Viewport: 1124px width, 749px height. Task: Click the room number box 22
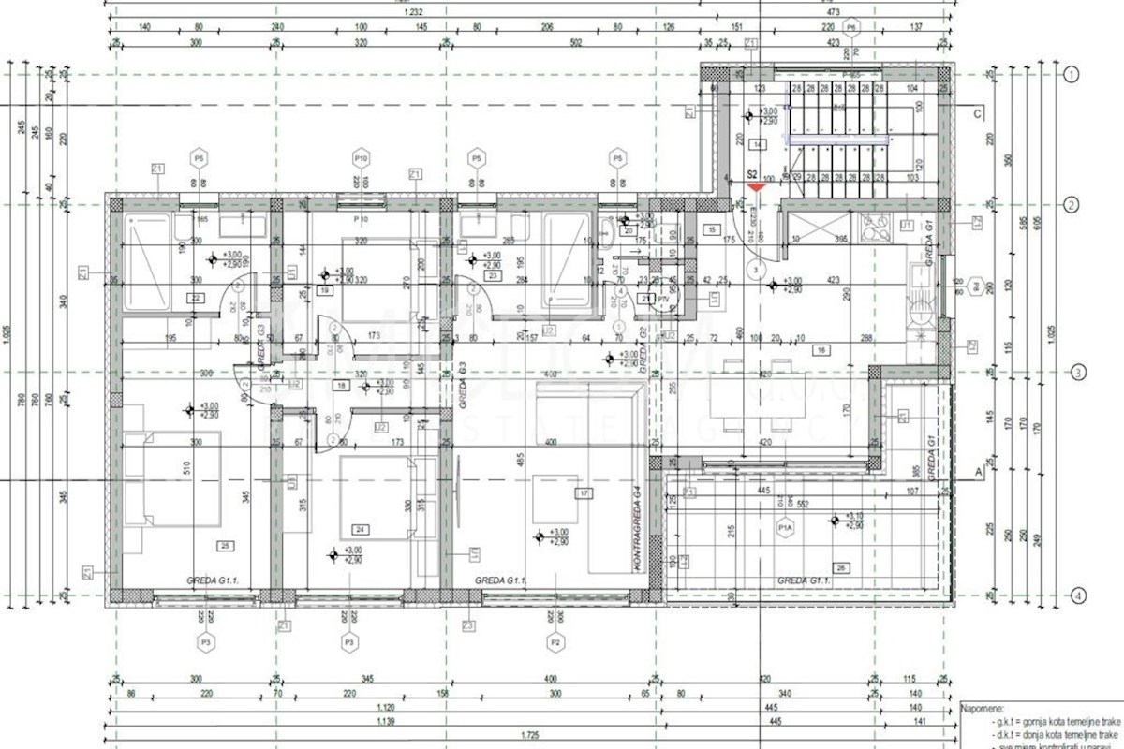[x=196, y=298]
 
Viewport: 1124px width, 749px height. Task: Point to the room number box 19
[x=325, y=291]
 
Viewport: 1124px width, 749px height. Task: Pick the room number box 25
[x=225, y=545]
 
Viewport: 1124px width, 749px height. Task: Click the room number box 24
[x=361, y=529]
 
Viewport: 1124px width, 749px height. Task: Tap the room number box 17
[x=584, y=492]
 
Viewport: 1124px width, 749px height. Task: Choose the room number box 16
[x=821, y=350]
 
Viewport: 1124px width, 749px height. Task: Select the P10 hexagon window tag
[x=361, y=156]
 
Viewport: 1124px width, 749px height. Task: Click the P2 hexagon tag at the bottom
[x=555, y=643]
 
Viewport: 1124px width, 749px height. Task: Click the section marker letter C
[x=977, y=115]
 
